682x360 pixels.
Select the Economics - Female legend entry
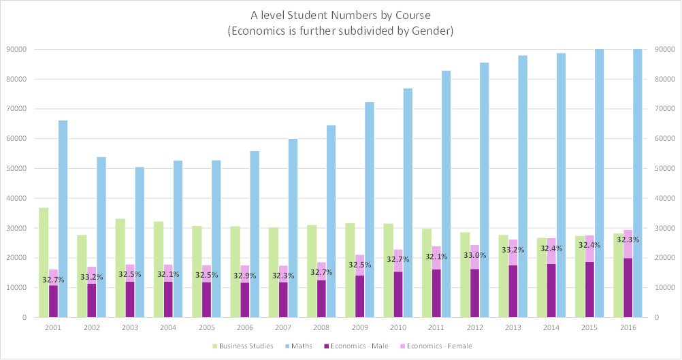(438, 346)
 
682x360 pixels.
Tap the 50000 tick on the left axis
(17, 168)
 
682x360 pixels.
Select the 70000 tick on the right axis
(664, 109)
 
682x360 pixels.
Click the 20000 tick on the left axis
(17, 258)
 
